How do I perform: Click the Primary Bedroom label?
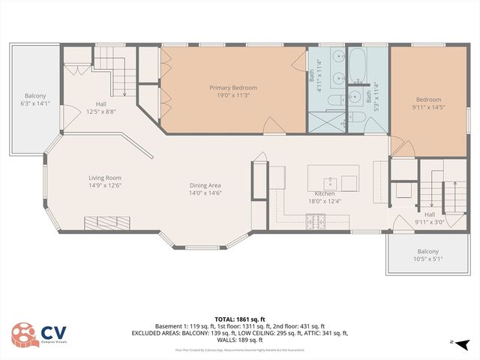[x=233, y=88]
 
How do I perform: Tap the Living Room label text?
[x=104, y=178]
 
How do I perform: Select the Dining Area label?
[x=205, y=185]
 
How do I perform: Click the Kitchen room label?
[x=323, y=193]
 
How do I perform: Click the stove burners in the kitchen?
[x=316, y=220]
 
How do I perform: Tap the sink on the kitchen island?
[x=329, y=181]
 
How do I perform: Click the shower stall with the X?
[x=325, y=120]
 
